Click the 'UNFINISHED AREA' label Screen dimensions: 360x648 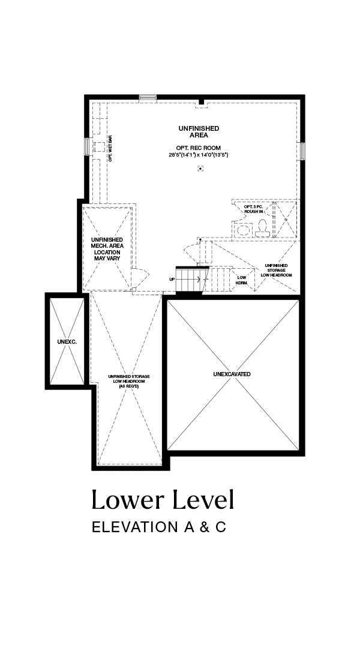click(x=199, y=132)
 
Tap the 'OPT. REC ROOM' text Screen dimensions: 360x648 click(x=199, y=148)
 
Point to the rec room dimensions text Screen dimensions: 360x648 click(x=199, y=155)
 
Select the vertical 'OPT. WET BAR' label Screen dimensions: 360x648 click(x=110, y=148)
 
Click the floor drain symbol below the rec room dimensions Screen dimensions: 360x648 click(x=200, y=168)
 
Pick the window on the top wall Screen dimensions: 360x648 click(x=148, y=98)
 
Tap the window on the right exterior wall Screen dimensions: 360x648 click(x=302, y=151)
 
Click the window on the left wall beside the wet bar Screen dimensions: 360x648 click(x=87, y=146)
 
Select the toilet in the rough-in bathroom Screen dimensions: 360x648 click(x=262, y=229)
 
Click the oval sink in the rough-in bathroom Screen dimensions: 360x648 click(x=244, y=229)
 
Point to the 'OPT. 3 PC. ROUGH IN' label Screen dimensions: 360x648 click(x=253, y=209)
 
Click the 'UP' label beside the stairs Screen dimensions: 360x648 click(x=172, y=280)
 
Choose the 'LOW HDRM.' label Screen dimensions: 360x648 click(x=241, y=280)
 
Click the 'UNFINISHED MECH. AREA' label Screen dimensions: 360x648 click(x=107, y=242)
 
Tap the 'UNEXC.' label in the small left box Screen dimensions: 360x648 click(x=67, y=342)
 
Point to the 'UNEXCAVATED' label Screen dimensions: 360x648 click(x=232, y=374)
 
